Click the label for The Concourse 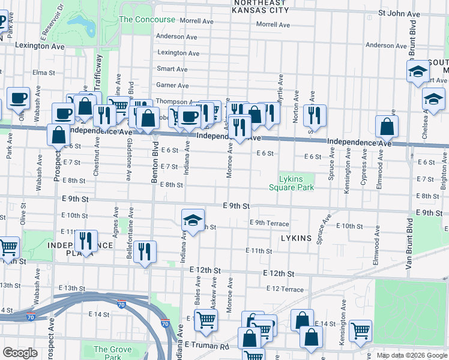click(x=147, y=19)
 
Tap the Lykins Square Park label click(x=295, y=183)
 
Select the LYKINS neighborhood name click(x=297, y=238)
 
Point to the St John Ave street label click(x=399, y=13)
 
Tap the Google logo click(x=20, y=353)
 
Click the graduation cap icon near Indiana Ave click(x=193, y=220)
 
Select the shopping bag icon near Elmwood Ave click(x=387, y=126)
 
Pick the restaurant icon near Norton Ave click(x=314, y=115)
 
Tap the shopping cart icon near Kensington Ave click(x=360, y=330)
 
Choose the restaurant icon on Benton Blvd click(x=144, y=252)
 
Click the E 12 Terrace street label click(x=285, y=289)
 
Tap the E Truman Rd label click(x=207, y=346)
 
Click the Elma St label click(x=44, y=73)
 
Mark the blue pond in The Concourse click(x=82, y=23)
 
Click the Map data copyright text click(x=412, y=355)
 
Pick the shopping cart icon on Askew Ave click(x=206, y=320)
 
